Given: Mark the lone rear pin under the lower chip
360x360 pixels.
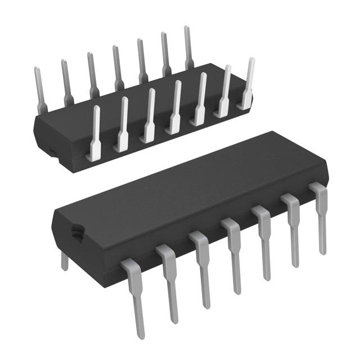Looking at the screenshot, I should point(65,260).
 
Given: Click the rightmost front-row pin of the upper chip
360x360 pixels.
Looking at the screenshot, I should point(247,84).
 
